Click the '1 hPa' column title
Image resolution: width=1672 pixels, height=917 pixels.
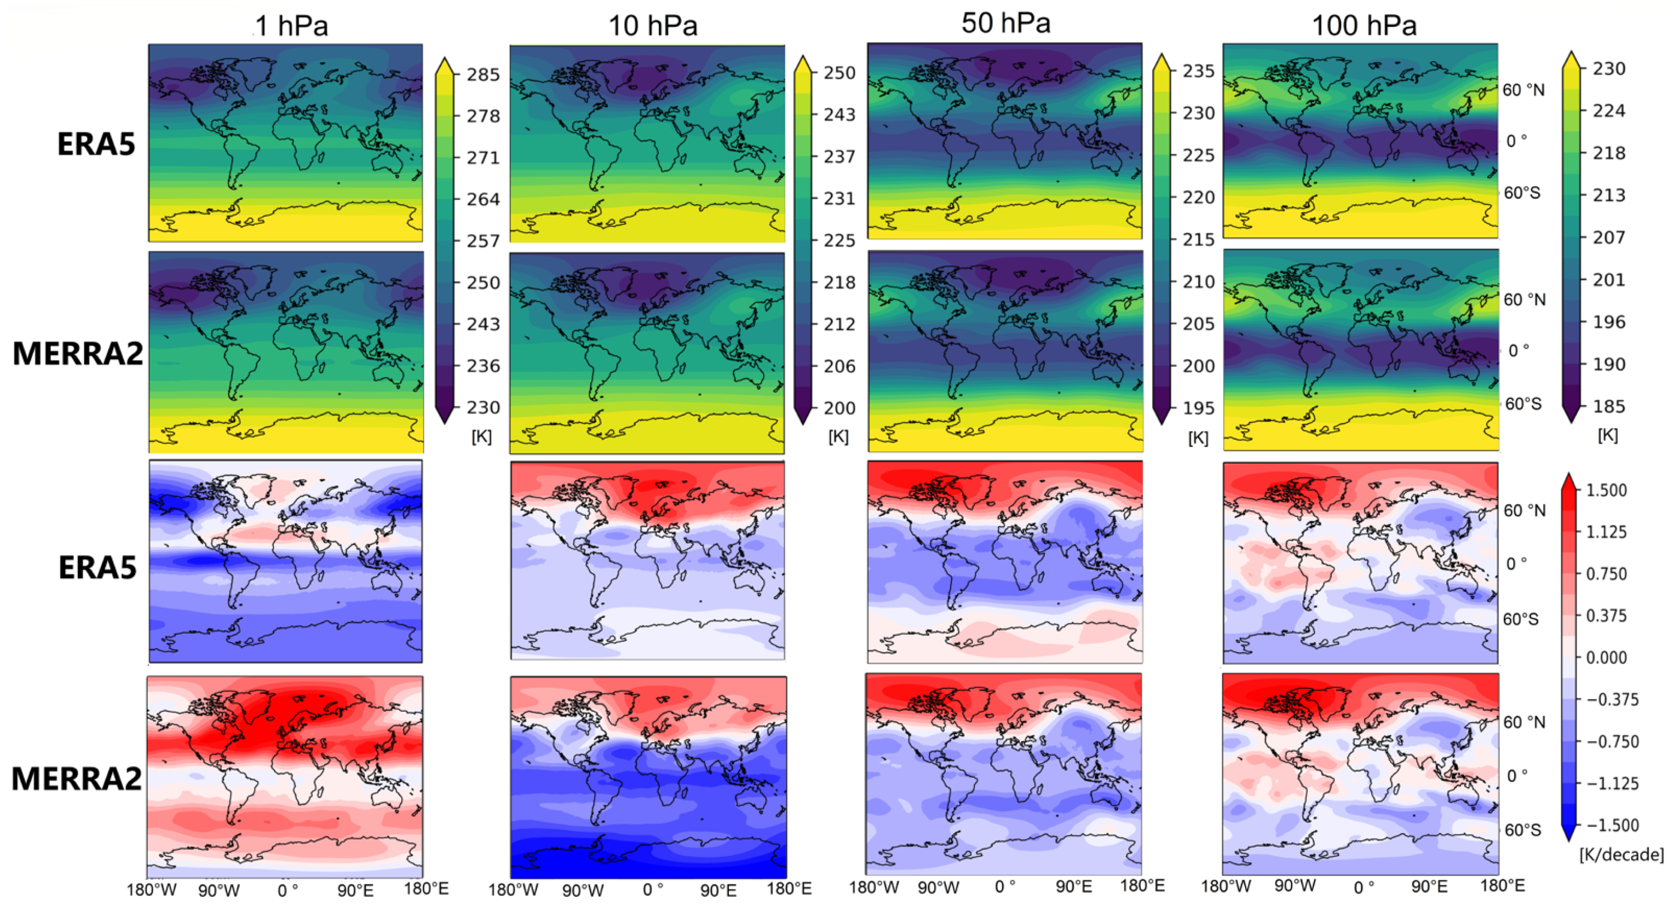(291, 26)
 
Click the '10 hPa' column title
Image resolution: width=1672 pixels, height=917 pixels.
(652, 26)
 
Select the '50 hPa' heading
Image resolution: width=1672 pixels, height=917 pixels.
(1005, 23)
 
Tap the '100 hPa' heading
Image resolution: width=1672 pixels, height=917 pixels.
(1364, 26)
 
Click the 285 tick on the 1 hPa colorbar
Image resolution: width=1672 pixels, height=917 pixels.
(484, 75)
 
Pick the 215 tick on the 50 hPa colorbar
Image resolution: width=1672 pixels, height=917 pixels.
(1198, 240)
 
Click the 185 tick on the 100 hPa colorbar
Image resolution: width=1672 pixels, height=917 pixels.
(1609, 406)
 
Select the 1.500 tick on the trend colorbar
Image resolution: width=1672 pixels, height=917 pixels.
(1606, 490)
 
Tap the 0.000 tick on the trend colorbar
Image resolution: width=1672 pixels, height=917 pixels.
(1606, 657)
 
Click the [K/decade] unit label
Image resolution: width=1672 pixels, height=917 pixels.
(1621, 854)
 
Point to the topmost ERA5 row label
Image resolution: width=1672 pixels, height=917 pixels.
(97, 144)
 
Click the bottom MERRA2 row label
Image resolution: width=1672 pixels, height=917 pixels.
(76, 778)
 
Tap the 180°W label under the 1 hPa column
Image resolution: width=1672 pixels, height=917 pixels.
(151, 889)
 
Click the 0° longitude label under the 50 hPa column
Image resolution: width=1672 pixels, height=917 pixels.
(1005, 886)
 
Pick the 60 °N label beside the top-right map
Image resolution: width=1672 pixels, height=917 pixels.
(1524, 90)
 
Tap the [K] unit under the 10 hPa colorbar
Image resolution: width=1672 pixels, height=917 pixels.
(838, 436)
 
